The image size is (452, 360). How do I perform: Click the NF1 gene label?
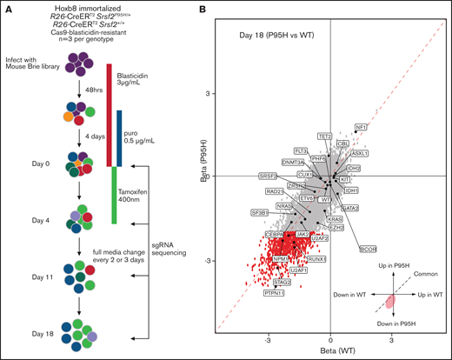point(361,127)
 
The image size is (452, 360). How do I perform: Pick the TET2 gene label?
point(325,137)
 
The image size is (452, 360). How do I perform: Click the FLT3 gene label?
point(301,151)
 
